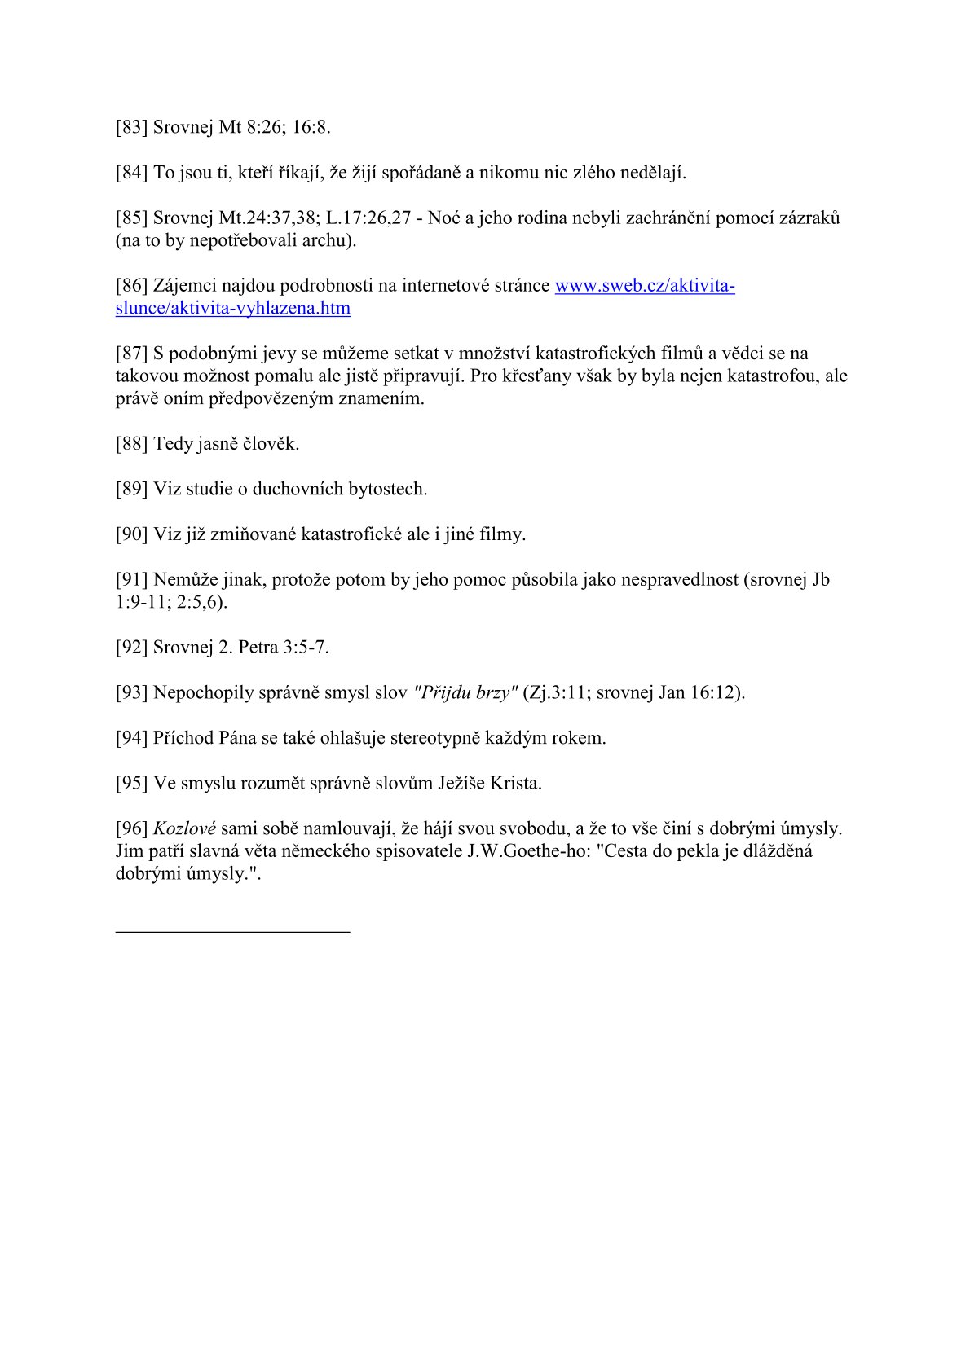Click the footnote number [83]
tap(131, 127)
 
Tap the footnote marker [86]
tap(131, 286)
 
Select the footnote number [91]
tap(131, 580)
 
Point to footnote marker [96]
tap(131, 828)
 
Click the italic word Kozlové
tap(184, 828)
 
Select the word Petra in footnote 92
tap(258, 648)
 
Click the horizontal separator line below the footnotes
tap(232, 930)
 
